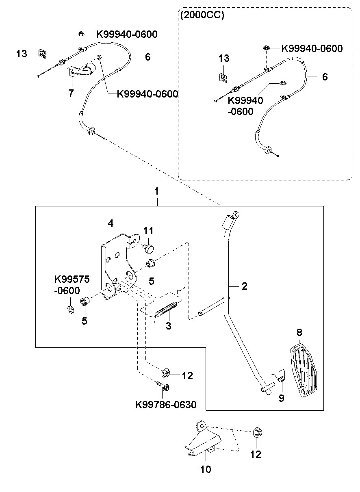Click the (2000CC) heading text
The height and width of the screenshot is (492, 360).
(x=202, y=15)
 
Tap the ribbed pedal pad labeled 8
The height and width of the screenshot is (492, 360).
(x=304, y=371)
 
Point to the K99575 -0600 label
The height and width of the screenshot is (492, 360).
(x=72, y=285)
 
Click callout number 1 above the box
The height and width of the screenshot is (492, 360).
(x=156, y=191)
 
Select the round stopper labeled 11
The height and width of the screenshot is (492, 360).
(x=148, y=249)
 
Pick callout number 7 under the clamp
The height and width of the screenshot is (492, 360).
(x=71, y=93)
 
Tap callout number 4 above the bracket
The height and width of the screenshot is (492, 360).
(x=111, y=223)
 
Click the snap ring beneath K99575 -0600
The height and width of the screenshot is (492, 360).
(x=71, y=309)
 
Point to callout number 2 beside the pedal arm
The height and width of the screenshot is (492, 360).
(x=245, y=286)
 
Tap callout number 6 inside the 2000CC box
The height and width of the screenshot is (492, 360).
(x=325, y=77)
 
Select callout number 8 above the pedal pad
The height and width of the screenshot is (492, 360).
(x=299, y=339)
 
